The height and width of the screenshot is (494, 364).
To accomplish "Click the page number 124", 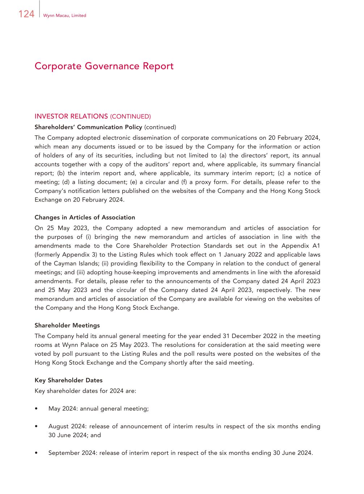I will pos(26,14).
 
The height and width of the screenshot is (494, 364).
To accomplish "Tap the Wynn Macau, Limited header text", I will pos(64,16).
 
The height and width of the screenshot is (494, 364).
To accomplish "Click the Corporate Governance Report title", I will pos(104,66).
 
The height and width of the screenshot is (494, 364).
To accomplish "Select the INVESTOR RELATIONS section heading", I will pos(71,116).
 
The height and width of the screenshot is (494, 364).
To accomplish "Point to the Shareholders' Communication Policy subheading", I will pos(88,127).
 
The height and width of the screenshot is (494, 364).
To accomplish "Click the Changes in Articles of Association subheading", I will pos(85,218).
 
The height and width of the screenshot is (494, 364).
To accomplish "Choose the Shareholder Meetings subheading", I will pos(67,325).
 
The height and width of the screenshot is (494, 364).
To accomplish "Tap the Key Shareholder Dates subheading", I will pos(68,380).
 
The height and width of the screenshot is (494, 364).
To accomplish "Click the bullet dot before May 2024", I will pos(36,409).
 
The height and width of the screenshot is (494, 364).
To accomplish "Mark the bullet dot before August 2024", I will pos(36,426).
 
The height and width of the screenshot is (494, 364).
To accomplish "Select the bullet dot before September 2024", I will pos(36,453).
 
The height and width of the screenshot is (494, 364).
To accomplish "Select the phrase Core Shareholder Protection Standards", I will pos(174,246).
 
